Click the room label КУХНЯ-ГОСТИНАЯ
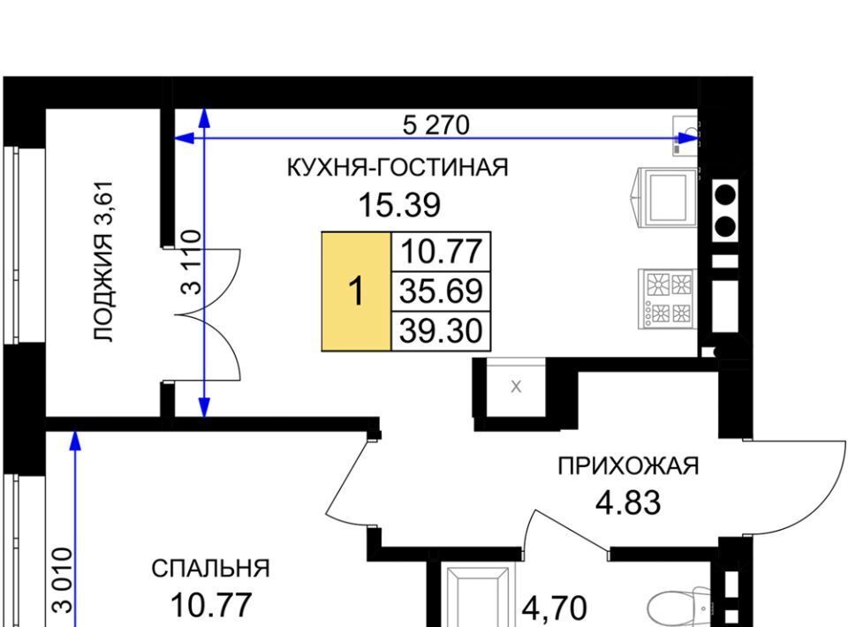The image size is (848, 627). click(x=397, y=168)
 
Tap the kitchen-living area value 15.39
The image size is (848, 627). click(x=399, y=206)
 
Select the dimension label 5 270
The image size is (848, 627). click(x=435, y=125)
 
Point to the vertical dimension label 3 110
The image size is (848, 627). click(x=191, y=261)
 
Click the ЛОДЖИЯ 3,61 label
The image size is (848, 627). click(x=103, y=261)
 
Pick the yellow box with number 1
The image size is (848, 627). click(x=356, y=291)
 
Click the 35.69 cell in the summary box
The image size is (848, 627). click(x=441, y=291)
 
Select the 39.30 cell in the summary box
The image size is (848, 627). click(x=441, y=331)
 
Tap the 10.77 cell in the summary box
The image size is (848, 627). click(x=441, y=252)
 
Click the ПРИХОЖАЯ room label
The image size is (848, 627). click(x=628, y=466)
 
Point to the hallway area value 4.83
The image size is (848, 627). click(x=628, y=502)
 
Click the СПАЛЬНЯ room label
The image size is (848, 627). click(x=210, y=569)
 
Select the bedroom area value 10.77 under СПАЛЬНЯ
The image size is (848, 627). click(x=211, y=605)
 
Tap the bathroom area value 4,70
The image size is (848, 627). click(x=555, y=608)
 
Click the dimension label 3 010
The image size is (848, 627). click(x=62, y=580)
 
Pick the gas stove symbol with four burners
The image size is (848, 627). click(x=667, y=298)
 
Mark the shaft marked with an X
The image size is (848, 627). click(x=516, y=387)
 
